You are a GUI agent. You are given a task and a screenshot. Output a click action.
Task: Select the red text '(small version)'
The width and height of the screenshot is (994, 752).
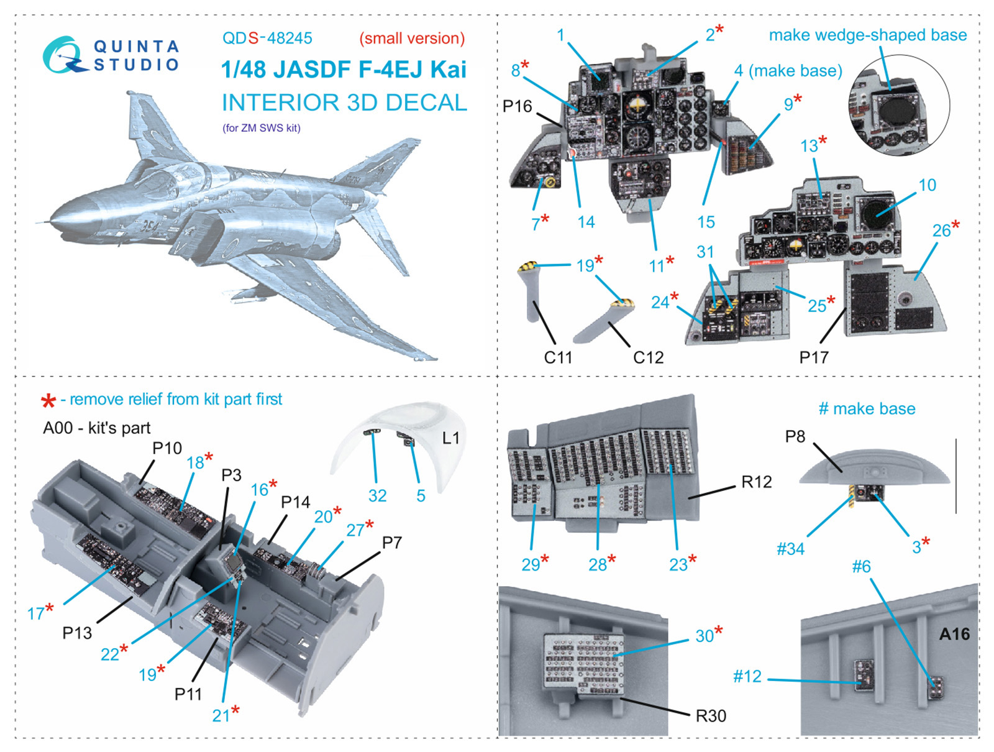(412, 39)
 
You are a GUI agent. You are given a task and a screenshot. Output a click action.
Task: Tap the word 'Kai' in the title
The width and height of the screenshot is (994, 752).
(443, 70)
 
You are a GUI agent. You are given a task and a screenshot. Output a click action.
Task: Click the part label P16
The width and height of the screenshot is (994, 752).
(518, 107)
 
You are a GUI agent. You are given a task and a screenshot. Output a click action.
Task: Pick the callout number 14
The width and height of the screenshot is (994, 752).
(586, 222)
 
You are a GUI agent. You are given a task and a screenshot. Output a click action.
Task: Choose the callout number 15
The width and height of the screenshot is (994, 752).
(706, 222)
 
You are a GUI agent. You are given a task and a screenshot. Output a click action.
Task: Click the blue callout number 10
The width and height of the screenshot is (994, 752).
(927, 185)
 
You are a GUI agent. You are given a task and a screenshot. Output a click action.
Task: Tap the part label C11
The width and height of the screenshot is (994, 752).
(558, 357)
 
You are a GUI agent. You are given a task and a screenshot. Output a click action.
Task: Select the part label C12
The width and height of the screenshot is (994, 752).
(648, 357)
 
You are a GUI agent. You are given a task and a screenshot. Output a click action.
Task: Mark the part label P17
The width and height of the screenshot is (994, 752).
(814, 357)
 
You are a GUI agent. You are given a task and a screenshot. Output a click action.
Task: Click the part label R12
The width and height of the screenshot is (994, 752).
(756, 482)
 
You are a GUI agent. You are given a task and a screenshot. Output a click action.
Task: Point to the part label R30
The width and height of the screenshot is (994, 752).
(711, 716)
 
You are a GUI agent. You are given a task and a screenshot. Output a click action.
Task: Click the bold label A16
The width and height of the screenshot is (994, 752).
(954, 634)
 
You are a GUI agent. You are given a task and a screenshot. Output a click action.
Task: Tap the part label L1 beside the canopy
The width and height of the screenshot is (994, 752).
(450, 438)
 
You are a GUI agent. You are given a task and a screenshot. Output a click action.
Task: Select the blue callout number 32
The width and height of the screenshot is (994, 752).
(377, 495)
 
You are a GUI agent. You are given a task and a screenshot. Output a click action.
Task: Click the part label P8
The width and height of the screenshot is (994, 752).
(795, 437)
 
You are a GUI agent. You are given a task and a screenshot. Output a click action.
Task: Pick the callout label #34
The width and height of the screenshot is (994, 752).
(790, 549)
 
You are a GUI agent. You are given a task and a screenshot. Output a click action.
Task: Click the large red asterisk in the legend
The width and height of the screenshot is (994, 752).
(48, 401)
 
